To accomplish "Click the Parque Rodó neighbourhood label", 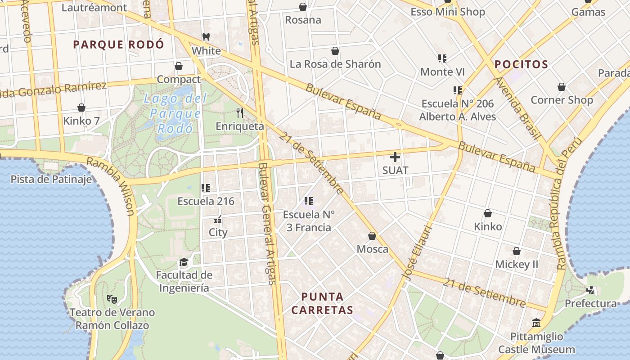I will (x=119, y=45).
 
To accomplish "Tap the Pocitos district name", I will (x=521, y=64).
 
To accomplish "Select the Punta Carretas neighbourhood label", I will (x=322, y=303).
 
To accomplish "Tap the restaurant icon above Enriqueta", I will (x=240, y=112).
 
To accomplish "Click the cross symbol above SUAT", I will (x=395, y=157).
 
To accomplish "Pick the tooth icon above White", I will (x=206, y=37).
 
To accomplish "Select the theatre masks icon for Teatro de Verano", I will (x=112, y=298).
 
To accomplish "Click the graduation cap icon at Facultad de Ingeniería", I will (x=184, y=262).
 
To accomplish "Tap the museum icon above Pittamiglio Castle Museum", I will (x=536, y=323).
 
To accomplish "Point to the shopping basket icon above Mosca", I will (x=372, y=236).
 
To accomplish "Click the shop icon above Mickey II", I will (x=517, y=251).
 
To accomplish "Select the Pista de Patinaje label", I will (x=51, y=179).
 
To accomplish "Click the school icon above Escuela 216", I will (x=206, y=188).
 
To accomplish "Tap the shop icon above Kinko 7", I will (x=81, y=108).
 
